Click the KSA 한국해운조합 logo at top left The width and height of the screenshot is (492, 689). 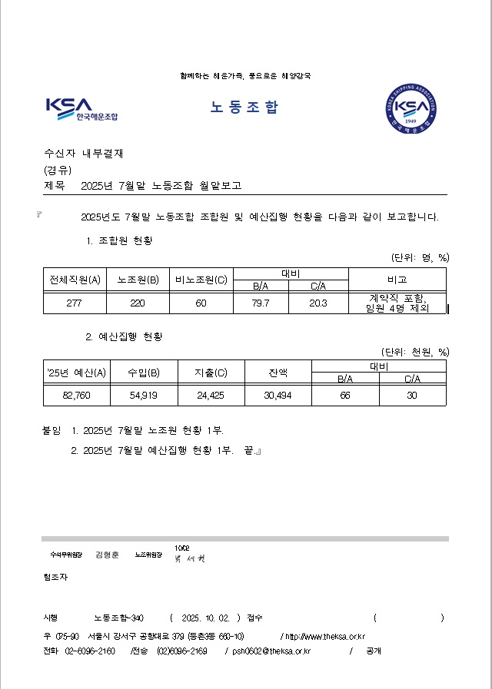pos(81,109)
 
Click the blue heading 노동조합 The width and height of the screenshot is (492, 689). pos(244,108)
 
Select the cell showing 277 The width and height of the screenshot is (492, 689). pos(75,303)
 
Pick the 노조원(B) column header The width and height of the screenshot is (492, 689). pos(138,280)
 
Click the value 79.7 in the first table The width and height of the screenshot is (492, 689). pos(261,303)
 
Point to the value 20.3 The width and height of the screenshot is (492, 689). pos(318,303)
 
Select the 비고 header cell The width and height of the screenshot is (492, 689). pos(397,280)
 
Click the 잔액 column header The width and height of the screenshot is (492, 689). pos(278,373)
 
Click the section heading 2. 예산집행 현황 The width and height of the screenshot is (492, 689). pos(124,336)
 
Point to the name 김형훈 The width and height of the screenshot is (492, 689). pos(108,555)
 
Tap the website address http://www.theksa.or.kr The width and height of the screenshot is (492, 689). pos(324,636)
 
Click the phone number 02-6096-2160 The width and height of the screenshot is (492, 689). pos(90,651)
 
